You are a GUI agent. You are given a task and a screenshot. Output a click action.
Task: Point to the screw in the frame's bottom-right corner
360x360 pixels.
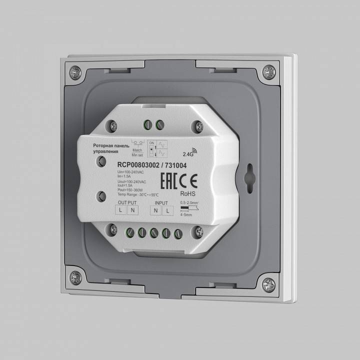click(269, 283)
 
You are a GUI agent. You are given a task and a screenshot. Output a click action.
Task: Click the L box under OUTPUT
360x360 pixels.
click(121, 210)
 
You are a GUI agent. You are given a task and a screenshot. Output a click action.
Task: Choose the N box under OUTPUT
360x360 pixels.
click(132, 210)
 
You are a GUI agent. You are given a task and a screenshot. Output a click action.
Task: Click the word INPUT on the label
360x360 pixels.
click(161, 203)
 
